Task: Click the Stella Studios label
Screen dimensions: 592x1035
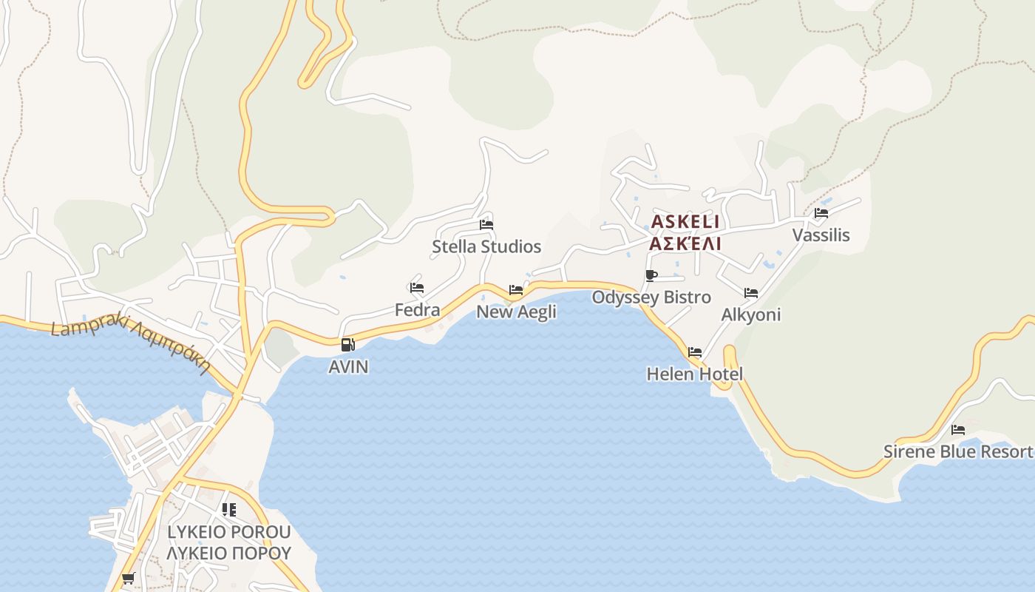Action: (x=486, y=246)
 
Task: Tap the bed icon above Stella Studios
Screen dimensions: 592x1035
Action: (x=486, y=225)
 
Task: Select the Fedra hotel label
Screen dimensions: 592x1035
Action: (x=417, y=310)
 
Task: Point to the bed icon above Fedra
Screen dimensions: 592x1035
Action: (x=417, y=288)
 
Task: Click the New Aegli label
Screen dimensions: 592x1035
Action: (x=516, y=312)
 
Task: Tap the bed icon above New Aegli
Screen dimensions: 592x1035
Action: (x=516, y=290)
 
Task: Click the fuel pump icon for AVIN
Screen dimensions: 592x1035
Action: (x=348, y=345)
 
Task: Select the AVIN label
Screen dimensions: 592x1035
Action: (x=348, y=367)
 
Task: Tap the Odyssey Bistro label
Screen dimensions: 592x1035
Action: (x=651, y=297)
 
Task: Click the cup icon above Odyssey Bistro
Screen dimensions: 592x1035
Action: (x=651, y=276)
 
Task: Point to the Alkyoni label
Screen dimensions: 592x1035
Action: (x=750, y=314)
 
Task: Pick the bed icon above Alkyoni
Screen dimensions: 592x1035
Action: (x=751, y=293)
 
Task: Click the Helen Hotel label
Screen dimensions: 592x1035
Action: (x=694, y=374)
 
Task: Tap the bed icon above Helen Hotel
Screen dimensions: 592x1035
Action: (x=695, y=352)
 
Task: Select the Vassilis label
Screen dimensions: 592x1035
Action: (x=821, y=235)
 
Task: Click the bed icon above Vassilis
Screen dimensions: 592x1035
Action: (x=821, y=213)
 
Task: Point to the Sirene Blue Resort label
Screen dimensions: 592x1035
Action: (x=958, y=451)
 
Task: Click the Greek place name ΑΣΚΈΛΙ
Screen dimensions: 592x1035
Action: (x=685, y=243)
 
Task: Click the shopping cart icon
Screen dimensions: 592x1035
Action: (x=129, y=578)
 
